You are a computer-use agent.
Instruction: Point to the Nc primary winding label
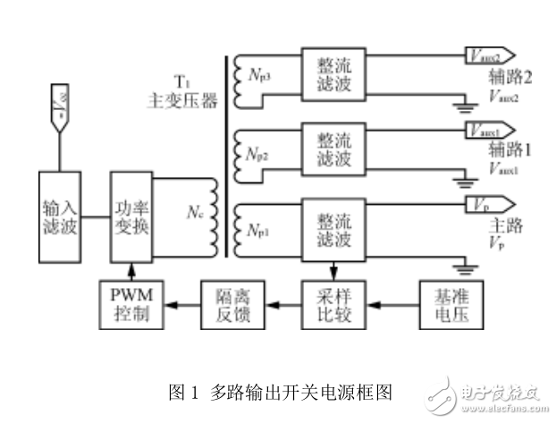[x=195, y=213]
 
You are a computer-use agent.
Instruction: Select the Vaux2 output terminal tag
[x=488, y=55]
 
